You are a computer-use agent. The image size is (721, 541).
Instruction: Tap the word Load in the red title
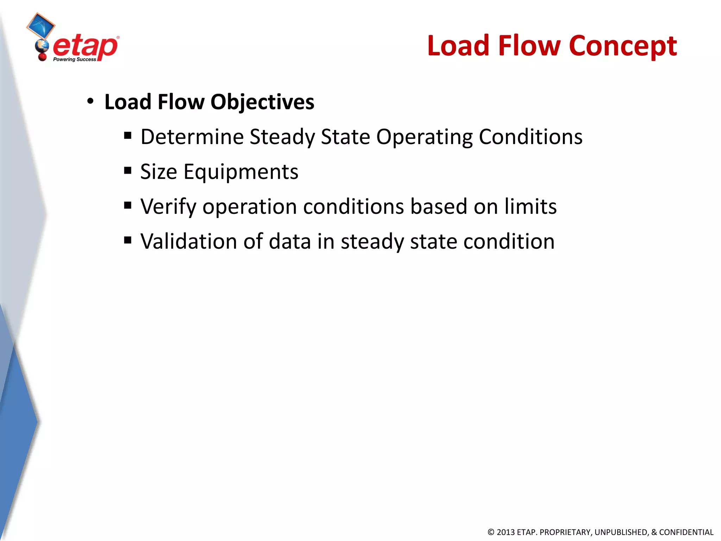coord(459,46)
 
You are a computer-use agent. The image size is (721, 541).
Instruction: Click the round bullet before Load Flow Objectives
coord(90,101)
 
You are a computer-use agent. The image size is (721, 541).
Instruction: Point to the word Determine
coord(192,137)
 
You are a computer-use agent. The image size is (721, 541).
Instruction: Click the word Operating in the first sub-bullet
coord(424,137)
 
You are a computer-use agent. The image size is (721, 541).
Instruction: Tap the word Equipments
coord(241,172)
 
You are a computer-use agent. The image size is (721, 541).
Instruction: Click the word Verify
coord(168,207)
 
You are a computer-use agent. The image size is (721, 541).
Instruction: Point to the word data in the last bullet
coord(290,242)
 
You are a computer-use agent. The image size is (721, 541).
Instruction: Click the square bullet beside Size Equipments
coord(128,171)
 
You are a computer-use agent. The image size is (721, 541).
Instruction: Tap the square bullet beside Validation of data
coord(128,241)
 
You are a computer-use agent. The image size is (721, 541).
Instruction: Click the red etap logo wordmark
coord(85,47)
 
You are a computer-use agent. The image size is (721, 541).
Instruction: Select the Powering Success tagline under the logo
coord(74,60)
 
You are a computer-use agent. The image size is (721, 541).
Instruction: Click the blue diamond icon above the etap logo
coord(41,25)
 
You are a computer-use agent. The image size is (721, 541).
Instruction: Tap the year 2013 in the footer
coord(505,532)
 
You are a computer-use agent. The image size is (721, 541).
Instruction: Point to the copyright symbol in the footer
coord(491,532)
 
